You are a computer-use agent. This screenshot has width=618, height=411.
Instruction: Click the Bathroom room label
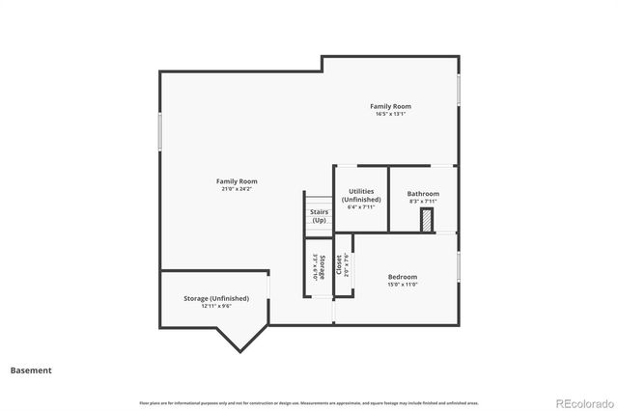[423, 194]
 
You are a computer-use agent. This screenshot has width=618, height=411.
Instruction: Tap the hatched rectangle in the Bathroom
[424, 221]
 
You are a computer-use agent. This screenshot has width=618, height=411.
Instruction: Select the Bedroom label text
[403, 277]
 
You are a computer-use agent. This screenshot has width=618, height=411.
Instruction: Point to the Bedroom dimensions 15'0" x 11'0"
[403, 285]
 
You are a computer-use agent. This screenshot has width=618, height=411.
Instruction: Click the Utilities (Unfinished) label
[360, 196]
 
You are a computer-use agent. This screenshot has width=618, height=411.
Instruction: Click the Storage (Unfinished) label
[216, 299]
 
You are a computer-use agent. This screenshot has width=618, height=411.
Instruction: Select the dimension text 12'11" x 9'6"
[216, 307]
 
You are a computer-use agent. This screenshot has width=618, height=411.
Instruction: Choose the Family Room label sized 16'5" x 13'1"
[390, 106]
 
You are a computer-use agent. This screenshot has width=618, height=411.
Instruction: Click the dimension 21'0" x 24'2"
[237, 189]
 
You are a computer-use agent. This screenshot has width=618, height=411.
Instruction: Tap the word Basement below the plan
[31, 370]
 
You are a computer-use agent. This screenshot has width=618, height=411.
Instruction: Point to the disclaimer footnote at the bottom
[309, 402]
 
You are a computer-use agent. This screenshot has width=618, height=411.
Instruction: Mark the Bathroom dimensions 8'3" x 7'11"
[423, 202]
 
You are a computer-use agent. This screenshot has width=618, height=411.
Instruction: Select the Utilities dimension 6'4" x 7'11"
[359, 207]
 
